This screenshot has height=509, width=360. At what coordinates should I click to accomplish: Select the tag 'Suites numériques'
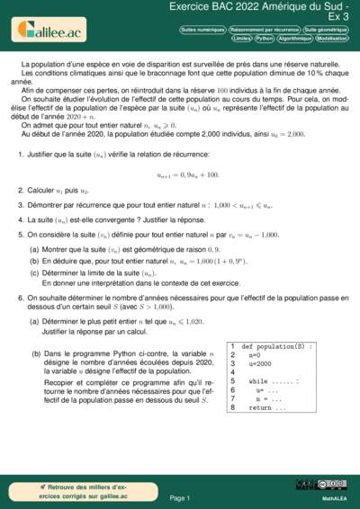click(x=202, y=30)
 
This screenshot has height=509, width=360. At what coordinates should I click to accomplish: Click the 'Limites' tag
click(x=240, y=40)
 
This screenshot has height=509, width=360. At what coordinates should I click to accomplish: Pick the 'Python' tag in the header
click(x=265, y=40)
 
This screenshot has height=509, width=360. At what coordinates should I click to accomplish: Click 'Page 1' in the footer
click(x=180, y=496)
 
